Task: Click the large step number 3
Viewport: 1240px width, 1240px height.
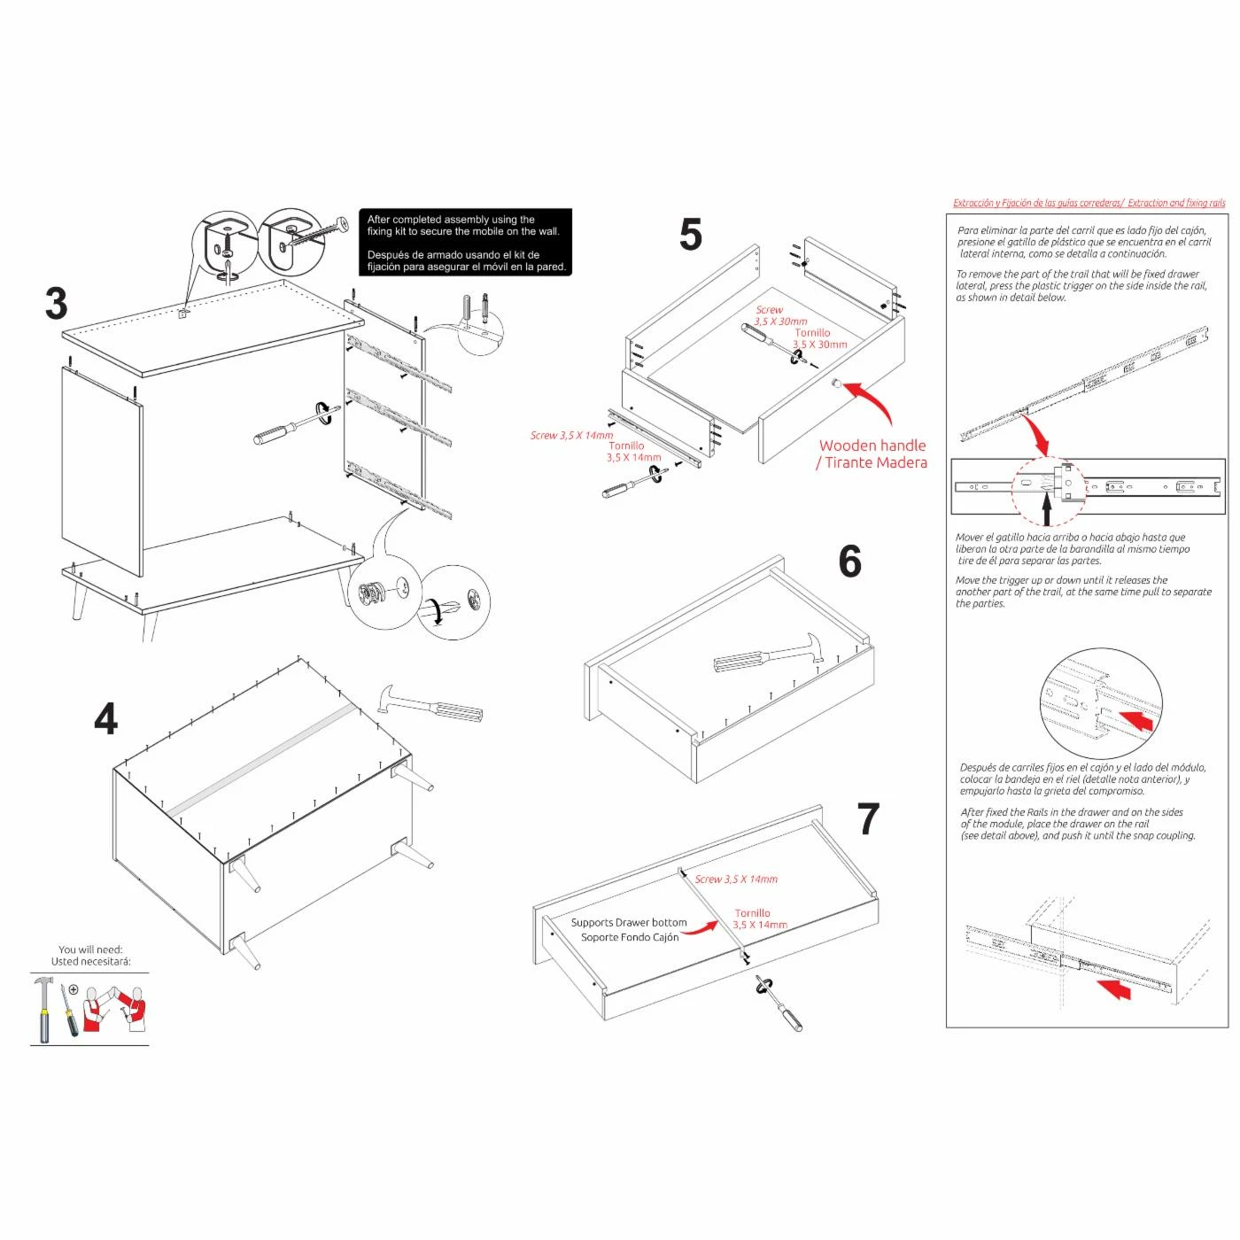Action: (56, 304)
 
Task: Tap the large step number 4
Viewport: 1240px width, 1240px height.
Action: (105, 719)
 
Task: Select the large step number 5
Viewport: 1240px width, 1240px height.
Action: (690, 235)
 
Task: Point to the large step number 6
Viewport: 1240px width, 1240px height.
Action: (849, 562)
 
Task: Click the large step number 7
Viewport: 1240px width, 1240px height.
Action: (868, 819)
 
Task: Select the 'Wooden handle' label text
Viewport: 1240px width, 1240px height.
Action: (872, 446)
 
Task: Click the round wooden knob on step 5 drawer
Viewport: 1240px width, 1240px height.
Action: (835, 384)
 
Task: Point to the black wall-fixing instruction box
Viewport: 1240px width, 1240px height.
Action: (466, 242)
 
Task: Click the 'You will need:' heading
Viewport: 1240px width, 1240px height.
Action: (90, 949)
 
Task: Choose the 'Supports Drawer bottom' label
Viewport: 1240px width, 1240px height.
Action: (629, 923)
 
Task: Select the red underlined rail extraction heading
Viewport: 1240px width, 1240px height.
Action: (1089, 203)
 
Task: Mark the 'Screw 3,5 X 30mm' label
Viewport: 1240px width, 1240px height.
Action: (780, 316)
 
